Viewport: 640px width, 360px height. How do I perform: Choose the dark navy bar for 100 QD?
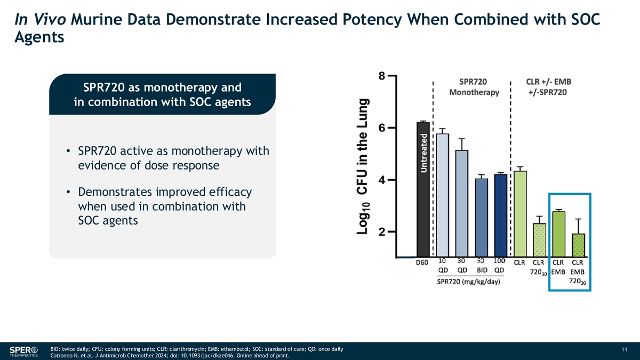501,215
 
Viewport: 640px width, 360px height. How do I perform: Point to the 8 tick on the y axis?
382,76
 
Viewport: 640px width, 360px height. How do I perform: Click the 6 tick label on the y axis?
382,128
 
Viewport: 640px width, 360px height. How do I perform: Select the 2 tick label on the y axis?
382,232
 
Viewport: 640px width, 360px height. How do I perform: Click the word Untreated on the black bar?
423,152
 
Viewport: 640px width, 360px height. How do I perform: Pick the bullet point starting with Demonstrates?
164,206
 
